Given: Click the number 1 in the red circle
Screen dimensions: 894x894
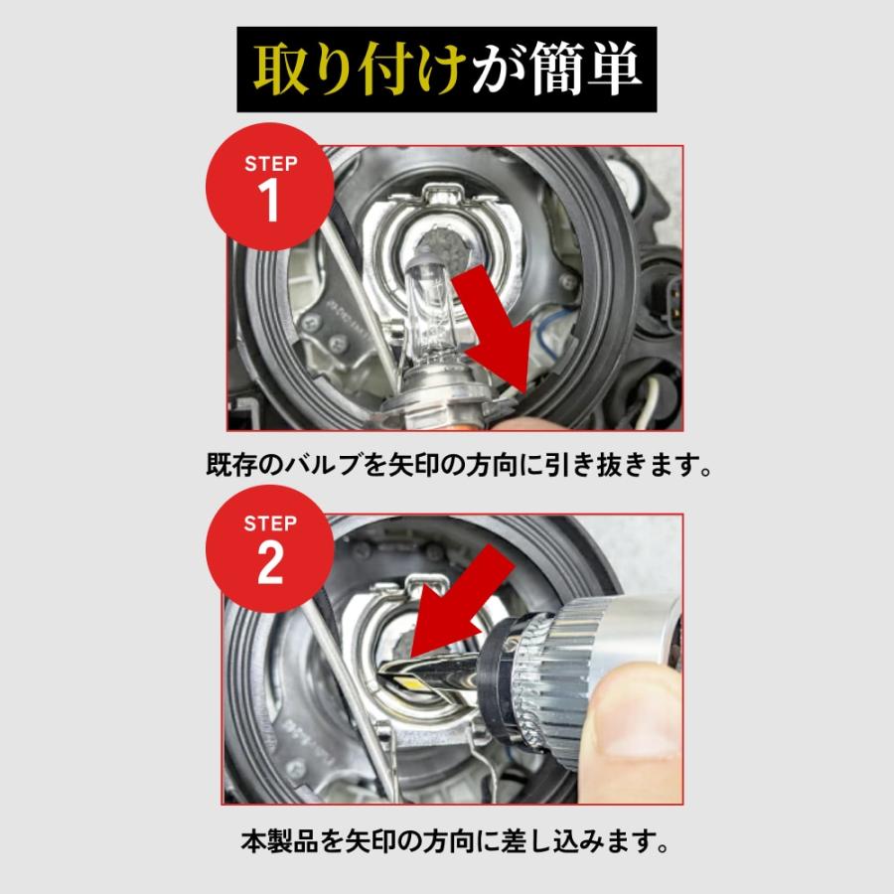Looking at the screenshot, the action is click(x=268, y=201).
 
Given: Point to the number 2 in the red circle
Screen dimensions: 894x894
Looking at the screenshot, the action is click(x=269, y=563).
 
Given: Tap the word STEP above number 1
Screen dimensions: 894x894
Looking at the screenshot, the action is click(x=271, y=164).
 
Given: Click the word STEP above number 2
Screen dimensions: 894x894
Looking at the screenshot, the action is click(x=270, y=523).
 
